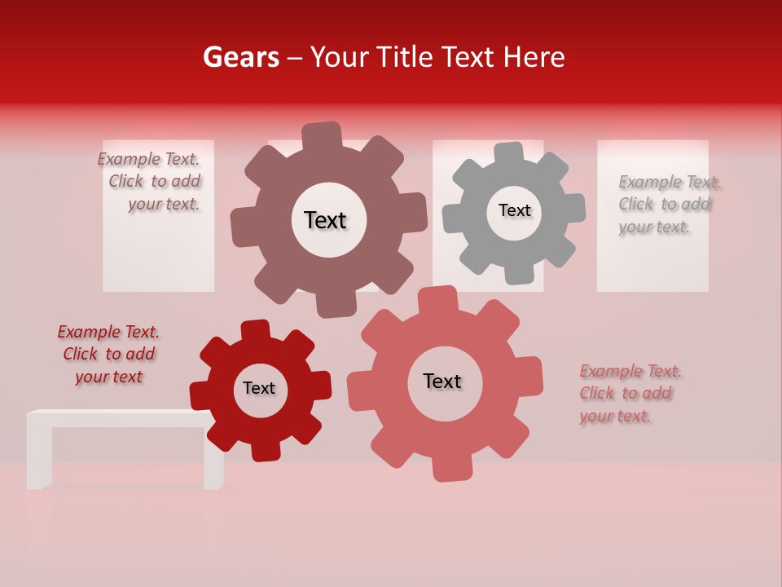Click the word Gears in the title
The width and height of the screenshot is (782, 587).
[240, 57]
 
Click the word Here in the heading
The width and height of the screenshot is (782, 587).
[534, 57]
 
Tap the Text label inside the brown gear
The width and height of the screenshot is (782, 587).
[325, 220]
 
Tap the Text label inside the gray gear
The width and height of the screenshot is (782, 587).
[514, 210]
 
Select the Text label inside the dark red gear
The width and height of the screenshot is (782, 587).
[259, 388]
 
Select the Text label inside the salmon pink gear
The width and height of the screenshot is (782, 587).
[442, 381]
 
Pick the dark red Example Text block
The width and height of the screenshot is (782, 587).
[109, 354]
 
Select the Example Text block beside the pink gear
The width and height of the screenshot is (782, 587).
[629, 393]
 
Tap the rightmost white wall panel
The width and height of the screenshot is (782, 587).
[652, 261]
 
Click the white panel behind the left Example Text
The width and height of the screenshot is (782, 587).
[158, 253]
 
